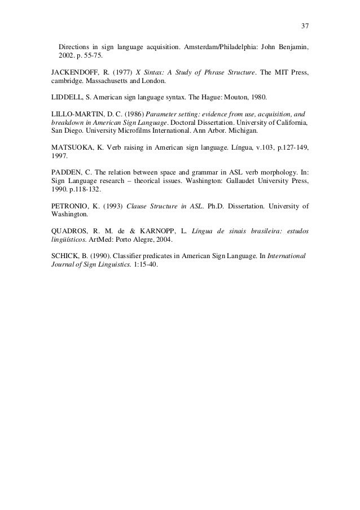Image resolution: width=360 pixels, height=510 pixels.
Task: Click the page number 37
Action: (x=305, y=27)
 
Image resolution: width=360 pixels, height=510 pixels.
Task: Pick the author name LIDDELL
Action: (x=64, y=99)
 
